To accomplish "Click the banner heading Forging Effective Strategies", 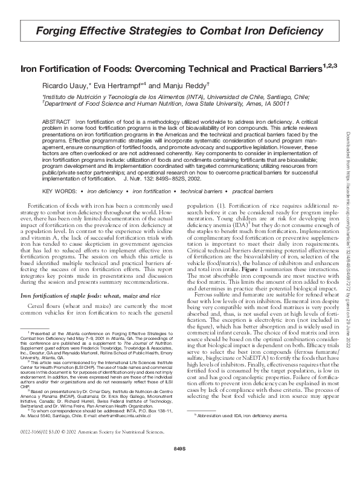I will pyautogui.click(x=179, y=30).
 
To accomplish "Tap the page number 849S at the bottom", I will pyautogui.click(x=179, y=466).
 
